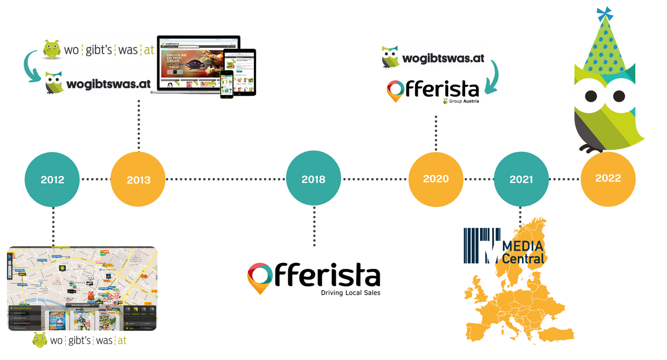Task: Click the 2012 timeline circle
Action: pyautogui.click(x=52, y=180)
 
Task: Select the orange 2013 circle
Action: pyautogui.click(x=138, y=180)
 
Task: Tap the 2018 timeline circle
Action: pyautogui.click(x=313, y=180)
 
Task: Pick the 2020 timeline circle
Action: pyautogui.click(x=436, y=179)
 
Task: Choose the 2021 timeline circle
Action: pyautogui.click(x=521, y=179)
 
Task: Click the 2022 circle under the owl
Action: pyautogui.click(x=608, y=178)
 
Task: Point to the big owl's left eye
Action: pyautogui.click(x=591, y=96)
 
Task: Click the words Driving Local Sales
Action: pyautogui.click(x=351, y=293)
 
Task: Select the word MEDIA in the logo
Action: pyautogui.click(x=523, y=246)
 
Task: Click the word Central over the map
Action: pyautogui.click(x=523, y=258)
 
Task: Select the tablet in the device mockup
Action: pyautogui.click(x=240, y=71)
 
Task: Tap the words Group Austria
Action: pyautogui.click(x=462, y=101)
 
